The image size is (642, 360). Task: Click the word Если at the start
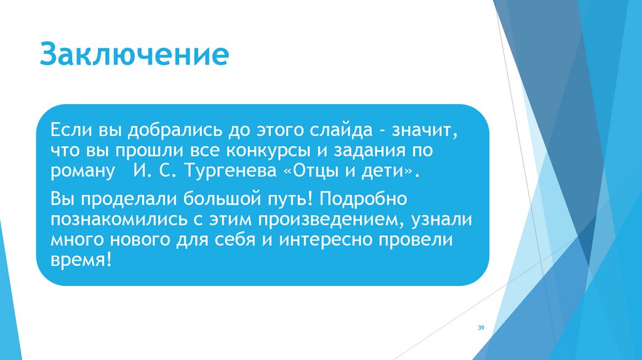point(71,132)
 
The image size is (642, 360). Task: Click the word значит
point(426,132)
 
